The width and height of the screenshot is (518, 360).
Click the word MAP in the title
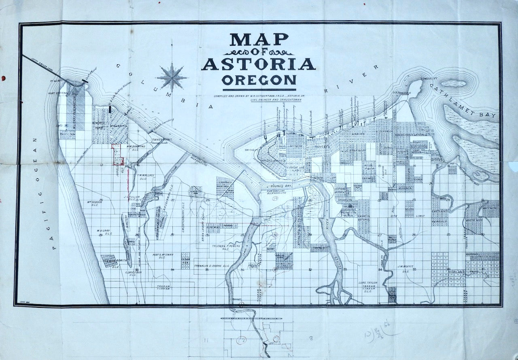pos(259,40)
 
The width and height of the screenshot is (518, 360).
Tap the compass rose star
pos(172,77)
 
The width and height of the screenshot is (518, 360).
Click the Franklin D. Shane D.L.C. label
pos(212,266)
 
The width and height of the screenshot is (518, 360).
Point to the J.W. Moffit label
pos(406,266)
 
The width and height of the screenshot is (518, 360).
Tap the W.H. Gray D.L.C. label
pos(103,232)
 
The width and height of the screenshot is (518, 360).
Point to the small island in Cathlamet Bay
pos(452,84)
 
